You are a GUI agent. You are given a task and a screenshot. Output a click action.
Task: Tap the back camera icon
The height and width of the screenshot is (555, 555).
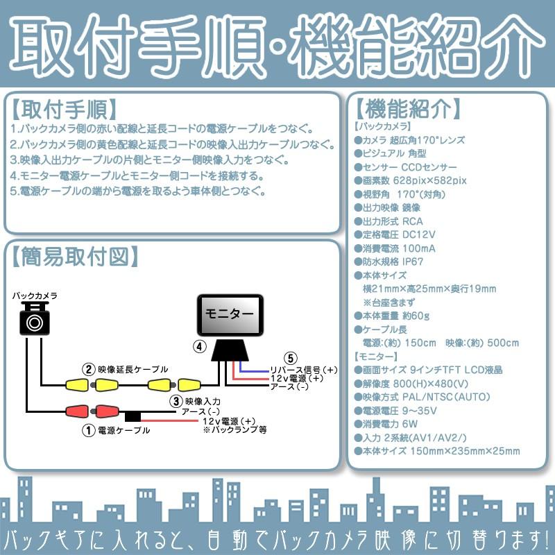[x=34, y=321]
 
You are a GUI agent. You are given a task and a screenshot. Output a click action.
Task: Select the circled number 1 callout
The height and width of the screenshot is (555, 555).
[x=88, y=430]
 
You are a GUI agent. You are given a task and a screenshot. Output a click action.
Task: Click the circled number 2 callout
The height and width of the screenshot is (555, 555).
[x=88, y=369]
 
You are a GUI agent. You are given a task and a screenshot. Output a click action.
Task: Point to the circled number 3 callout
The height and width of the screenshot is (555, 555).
[x=176, y=400]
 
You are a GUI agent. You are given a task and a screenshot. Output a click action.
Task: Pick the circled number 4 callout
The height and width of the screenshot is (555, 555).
[x=199, y=345]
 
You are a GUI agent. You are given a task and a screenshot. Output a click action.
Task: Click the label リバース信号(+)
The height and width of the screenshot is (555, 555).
[x=303, y=369]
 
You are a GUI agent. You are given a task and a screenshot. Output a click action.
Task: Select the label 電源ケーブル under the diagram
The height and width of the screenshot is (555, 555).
[x=124, y=431]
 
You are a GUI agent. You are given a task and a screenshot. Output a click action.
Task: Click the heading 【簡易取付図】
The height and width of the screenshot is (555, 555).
[x=72, y=257]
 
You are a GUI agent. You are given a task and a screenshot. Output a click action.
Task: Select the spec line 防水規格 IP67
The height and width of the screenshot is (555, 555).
[x=393, y=262]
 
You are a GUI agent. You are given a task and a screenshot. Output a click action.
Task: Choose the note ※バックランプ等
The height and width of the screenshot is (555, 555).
[x=235, y=430]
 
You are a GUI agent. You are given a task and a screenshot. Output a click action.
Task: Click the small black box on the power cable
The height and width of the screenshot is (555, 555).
[x=133, y=417]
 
